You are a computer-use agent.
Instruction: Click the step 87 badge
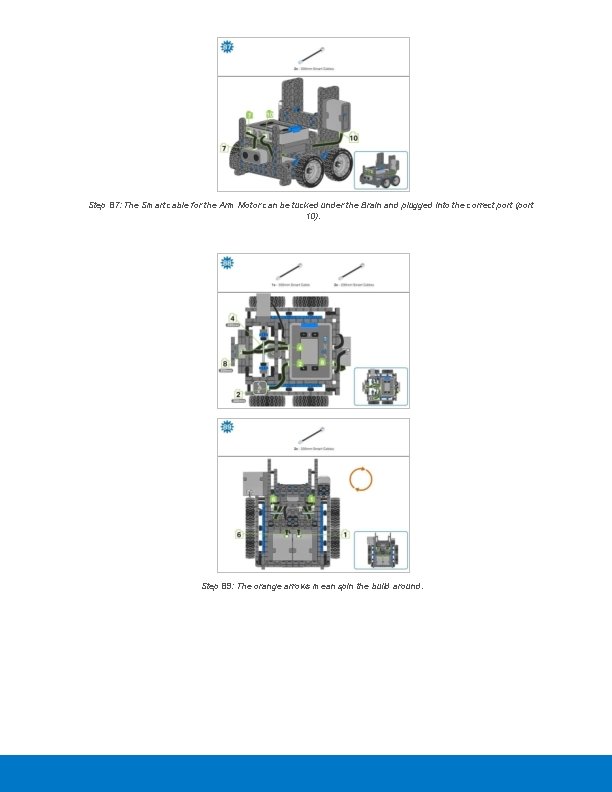pyautogui.click(x=227, y=47)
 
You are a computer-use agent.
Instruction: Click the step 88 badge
pyautogui.click(x=227, y=262)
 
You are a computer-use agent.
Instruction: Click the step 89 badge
pyautogui.click(x=227, y=427)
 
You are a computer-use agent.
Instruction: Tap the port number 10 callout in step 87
pyautogui.click(x=354, y=137)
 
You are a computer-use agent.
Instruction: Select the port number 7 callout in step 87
pyautogui.click(x=225, y=148)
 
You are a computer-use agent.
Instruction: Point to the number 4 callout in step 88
pyautogui.click(x=232, y=318)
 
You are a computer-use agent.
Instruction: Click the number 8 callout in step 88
pyautogui.click(x=226, y=364)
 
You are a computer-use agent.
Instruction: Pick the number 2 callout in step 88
pyautogui.click(x=236, y=394)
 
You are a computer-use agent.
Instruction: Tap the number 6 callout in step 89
pyautogui.click(x=238, y=534)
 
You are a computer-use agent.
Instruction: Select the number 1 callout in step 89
pyautogui.click(x=345, y=534)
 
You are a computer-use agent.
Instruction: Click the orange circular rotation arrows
pyautogui.click(x=361, y=479)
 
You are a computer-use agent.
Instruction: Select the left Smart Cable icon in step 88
pyautogui.click(x=290, y=270)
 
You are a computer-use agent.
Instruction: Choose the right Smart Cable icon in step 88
pyautogui.click(x=349, y=270)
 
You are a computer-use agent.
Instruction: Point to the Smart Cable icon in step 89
pyautogui.click(x=313, y=435)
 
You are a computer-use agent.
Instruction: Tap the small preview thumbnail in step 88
pyautogui.click(x=382, y=386)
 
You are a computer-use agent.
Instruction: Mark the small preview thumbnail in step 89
pyautogui.click(x=382, y=550)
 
